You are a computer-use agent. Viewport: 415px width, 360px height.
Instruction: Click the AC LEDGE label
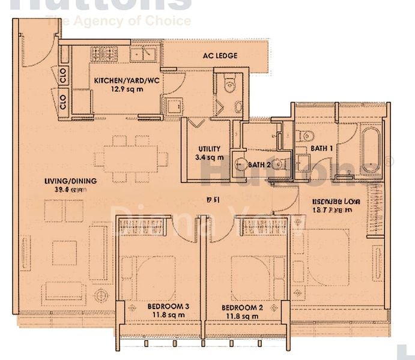[x=219, y=56]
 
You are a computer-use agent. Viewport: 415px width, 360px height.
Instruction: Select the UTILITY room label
[x=210, y=149]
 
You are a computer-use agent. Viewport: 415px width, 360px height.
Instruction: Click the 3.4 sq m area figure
[x=210, y=158]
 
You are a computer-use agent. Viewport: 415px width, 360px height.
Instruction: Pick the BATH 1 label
[x=322, y=148]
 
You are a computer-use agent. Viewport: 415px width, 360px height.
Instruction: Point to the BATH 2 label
[x=259, y=164]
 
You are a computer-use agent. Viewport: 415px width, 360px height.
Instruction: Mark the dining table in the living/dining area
[x=131, y=159]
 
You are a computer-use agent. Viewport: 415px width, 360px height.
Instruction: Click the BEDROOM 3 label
[x=168, y=307]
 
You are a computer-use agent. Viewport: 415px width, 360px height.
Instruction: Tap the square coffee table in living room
[x=64, y=253]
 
